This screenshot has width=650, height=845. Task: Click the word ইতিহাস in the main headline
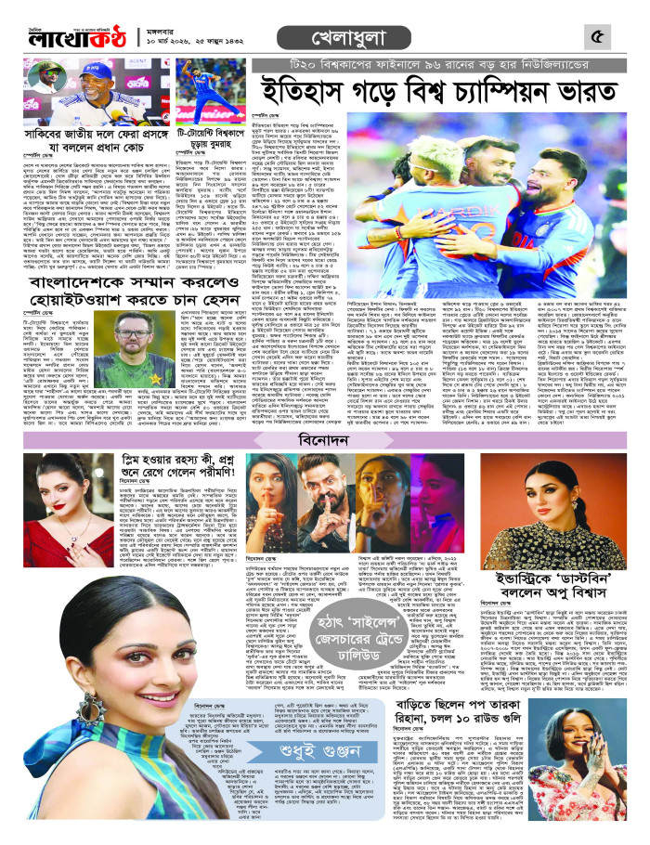pos(297,91)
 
